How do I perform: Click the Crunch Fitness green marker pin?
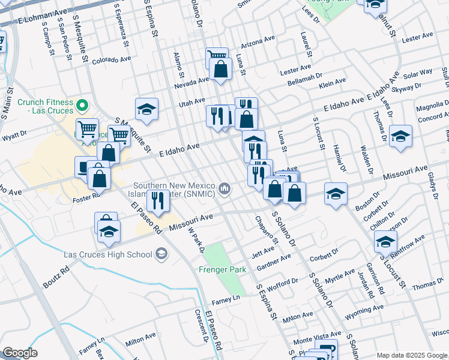(83, 107)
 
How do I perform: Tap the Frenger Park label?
(223, 270)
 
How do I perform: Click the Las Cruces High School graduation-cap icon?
(161, 254)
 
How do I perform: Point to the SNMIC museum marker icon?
(224, 190)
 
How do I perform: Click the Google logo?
(20, 353)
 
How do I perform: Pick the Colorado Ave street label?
(111, 60)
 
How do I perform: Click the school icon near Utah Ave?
(146, 110)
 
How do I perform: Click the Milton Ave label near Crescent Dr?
(140, 342)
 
